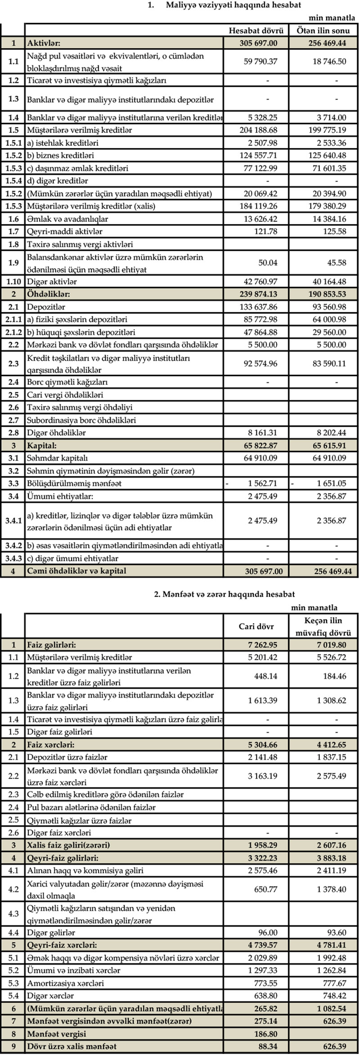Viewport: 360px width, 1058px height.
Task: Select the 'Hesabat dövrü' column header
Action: (256, 31)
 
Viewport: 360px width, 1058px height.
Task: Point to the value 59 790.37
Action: (261, 61)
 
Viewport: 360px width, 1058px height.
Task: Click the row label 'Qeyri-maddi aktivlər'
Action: (65, 232)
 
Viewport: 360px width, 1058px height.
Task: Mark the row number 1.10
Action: (13, 282)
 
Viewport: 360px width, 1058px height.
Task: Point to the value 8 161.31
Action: (262, 433)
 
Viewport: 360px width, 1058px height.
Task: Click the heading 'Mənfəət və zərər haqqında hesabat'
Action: (225, 594)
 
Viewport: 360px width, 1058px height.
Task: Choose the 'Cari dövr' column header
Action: (256, 626)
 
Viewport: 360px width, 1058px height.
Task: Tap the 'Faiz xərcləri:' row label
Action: (50, 745)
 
